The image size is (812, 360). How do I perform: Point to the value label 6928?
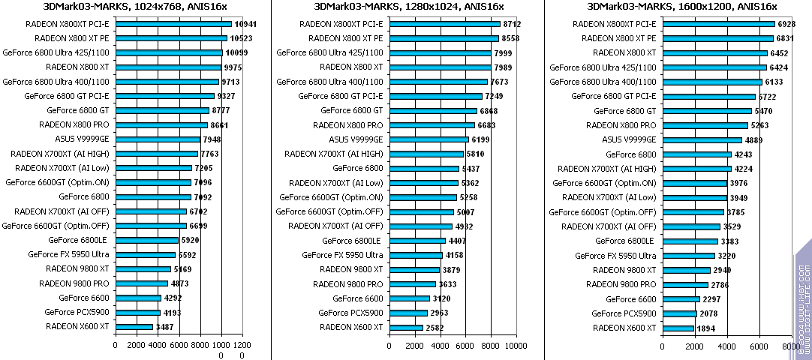coord(787,24)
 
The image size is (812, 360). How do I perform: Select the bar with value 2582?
coord(406,327)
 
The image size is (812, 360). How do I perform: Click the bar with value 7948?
coord(158,139)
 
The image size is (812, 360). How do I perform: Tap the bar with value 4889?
coord(702,139)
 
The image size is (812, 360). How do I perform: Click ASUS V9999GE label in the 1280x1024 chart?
coord(356,139)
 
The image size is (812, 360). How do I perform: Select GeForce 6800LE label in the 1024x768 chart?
coord(77,241)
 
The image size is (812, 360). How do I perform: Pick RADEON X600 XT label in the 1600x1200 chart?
coord(624,327)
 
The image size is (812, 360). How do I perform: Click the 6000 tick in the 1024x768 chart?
coord(179,346)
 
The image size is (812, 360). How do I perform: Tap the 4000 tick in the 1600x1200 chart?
coord(726,346)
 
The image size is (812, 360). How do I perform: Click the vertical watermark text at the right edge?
coord(804,300)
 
